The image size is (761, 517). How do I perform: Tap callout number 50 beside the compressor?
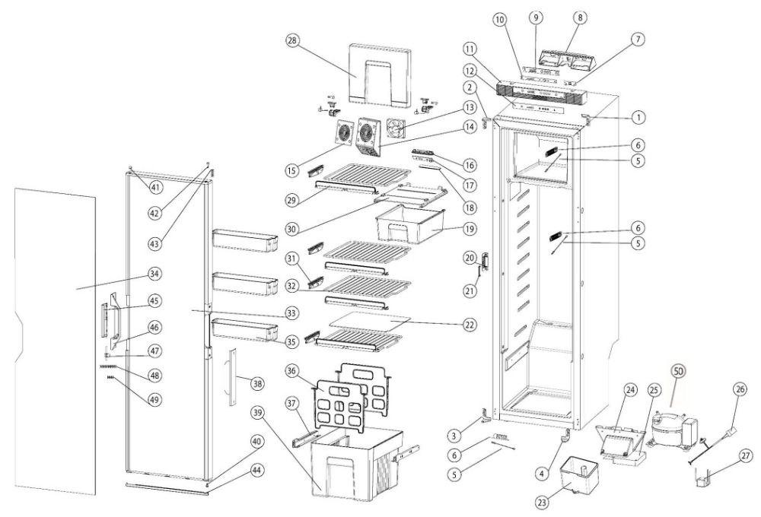pos(677,372)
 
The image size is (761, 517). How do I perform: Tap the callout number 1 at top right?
pos(638,118)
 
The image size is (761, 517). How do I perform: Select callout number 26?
pos(738,390)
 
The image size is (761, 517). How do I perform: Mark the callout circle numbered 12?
pos(471,71)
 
